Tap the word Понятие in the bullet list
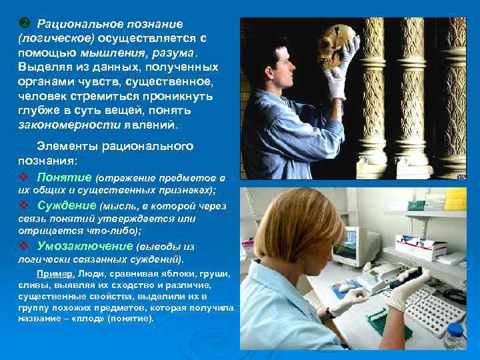point(65,177)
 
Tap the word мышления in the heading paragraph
point(106,53)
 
